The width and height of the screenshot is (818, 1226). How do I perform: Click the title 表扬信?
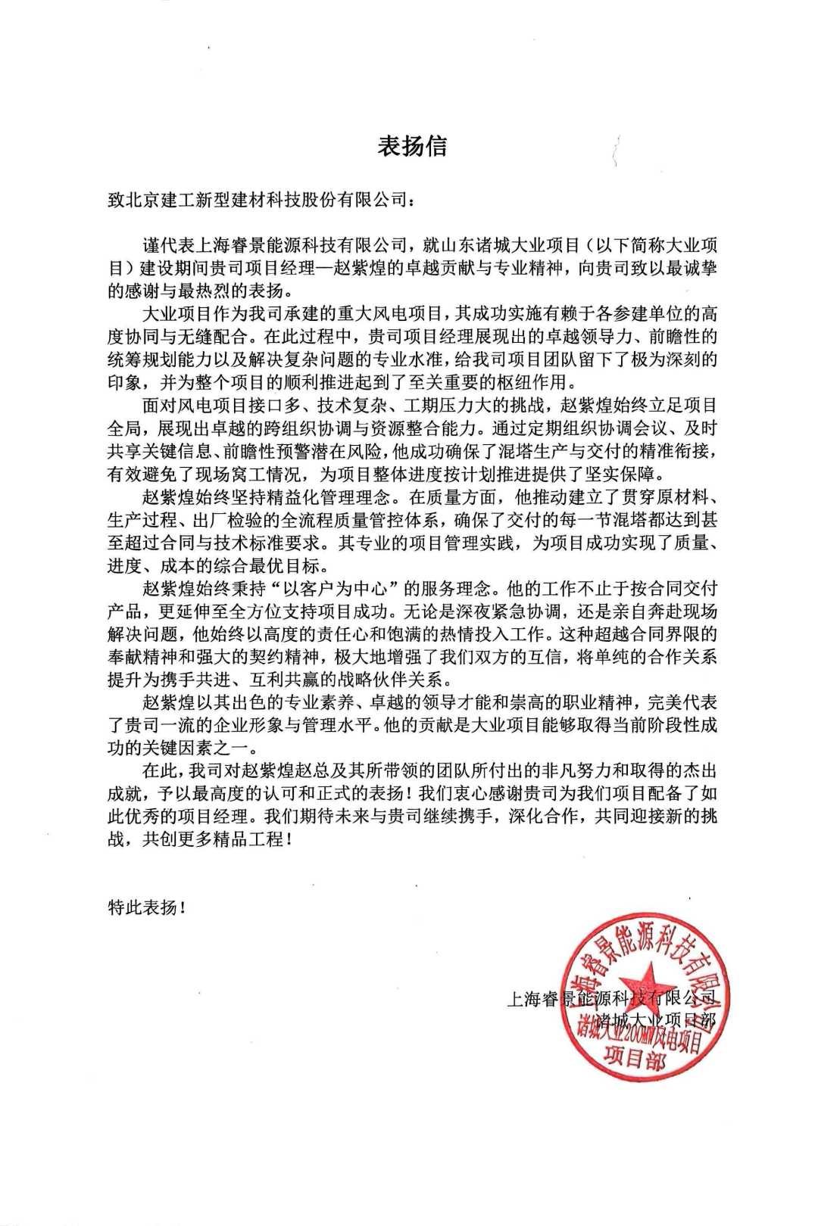(x=412, y=145)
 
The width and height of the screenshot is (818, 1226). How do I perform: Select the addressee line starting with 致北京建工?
(x=261, y=202)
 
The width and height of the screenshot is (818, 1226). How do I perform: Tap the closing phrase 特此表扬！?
(x=147, y=907)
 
